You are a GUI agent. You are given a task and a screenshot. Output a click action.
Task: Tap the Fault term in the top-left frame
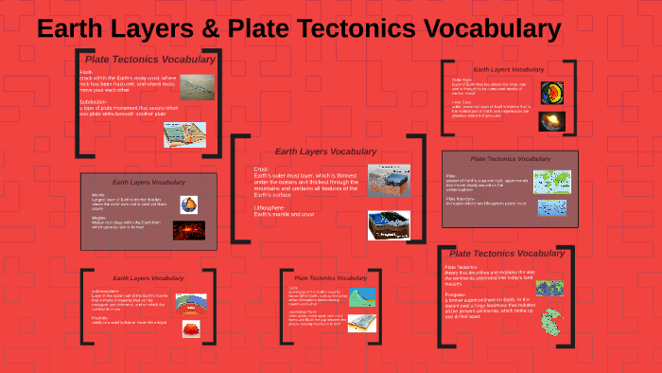pos(86,72)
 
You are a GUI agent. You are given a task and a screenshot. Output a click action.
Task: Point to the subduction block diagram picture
pos(184,134)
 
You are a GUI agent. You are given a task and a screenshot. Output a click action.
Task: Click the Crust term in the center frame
pos(262,169)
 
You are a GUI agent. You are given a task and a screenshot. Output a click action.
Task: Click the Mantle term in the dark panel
pos(97,195)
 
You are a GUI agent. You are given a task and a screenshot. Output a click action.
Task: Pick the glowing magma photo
pos(189,230)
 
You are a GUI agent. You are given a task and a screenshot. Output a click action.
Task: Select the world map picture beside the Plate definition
pos(551,181)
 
